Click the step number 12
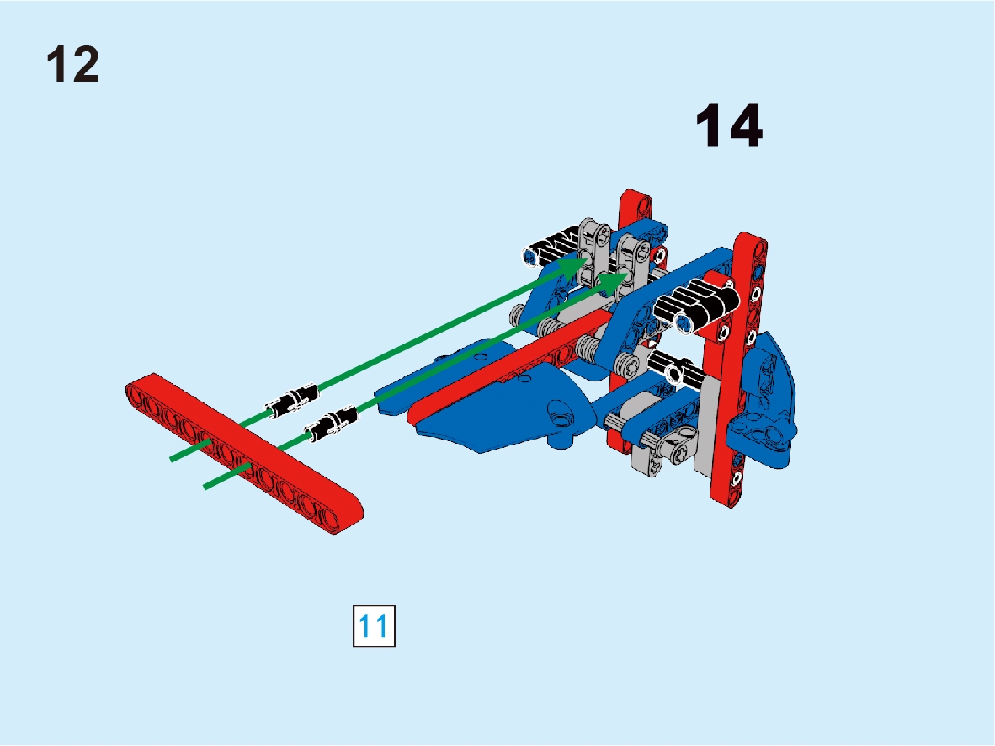(73, 64)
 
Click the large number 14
(729, 125)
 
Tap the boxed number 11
(374, 626)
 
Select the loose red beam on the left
(244, 453)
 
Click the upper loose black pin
(293, 400)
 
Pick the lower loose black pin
(331, 424)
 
